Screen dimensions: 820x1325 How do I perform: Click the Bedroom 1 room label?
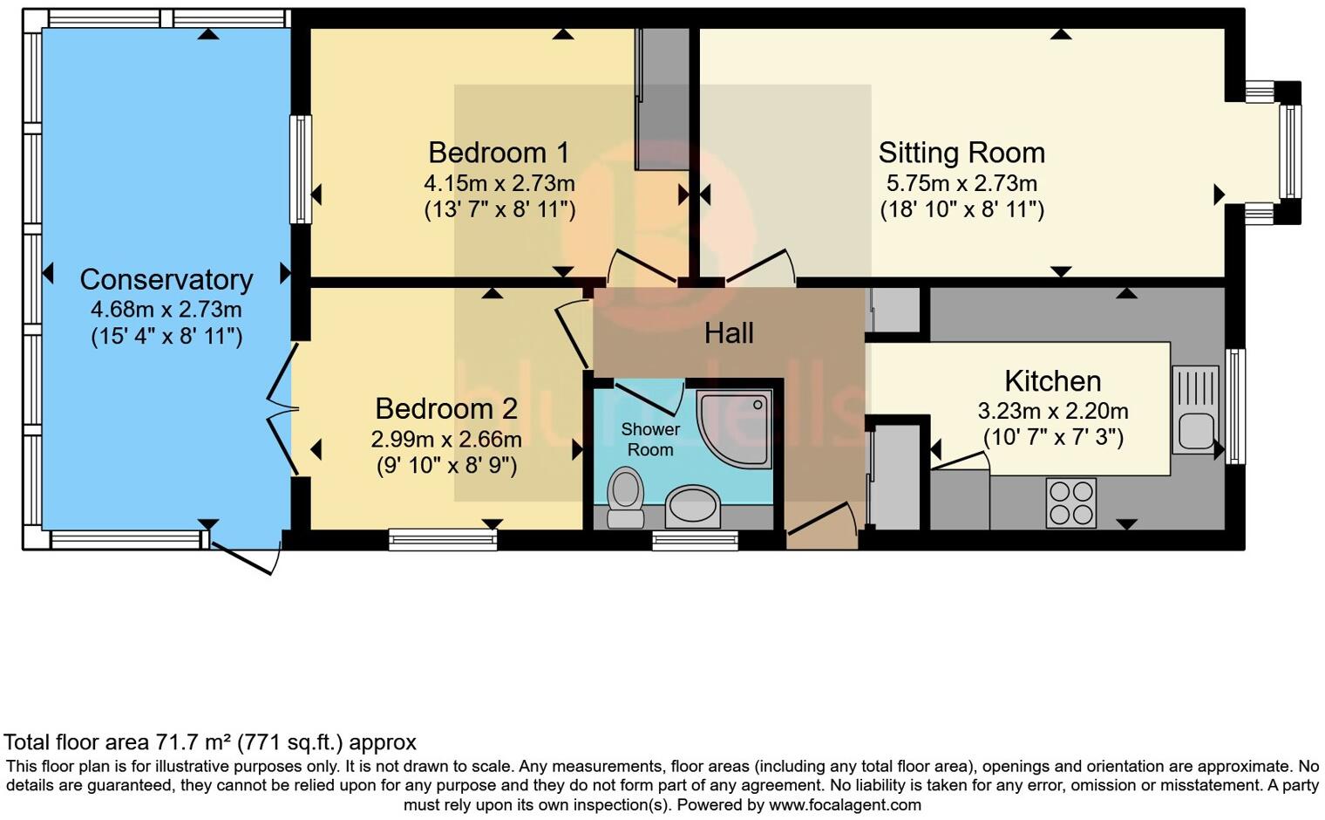click(499, 153)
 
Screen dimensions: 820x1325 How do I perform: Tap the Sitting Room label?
click(961, 153)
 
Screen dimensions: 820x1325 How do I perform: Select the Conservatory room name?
click(166, 279)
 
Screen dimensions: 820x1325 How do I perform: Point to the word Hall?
click(729, 333)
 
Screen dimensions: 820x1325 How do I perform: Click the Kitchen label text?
click(1052, 381)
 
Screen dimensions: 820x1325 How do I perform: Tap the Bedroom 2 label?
click(446, 408)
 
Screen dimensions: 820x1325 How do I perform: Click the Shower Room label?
click(650, 440)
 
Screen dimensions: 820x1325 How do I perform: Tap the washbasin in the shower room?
click(693, 507)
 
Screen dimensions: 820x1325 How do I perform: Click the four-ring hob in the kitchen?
click(1071, 503)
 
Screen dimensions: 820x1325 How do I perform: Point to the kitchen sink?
click(1196, 410)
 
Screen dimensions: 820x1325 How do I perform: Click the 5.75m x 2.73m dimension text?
click(961, 184)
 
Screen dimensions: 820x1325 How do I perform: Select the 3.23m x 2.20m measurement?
click(1052, 411)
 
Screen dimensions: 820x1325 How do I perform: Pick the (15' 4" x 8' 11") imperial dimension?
click(166, 337)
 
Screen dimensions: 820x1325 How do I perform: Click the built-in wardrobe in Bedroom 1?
click(662, 99)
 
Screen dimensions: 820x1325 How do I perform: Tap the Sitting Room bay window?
click(1289, 153)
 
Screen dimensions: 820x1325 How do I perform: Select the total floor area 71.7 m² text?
click(210, 742)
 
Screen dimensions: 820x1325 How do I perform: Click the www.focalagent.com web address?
click(845, 805)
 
